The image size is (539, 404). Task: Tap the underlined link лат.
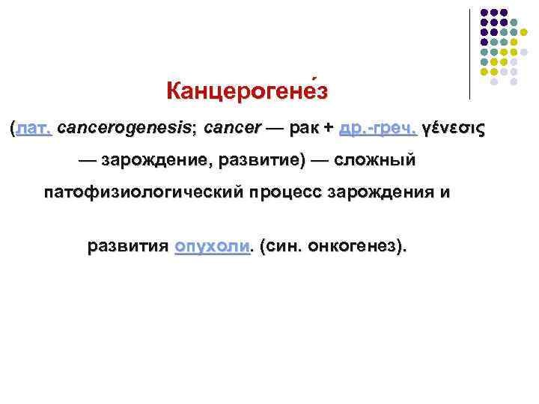pyautogui.click(x=33, y=128)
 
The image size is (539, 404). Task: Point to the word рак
pyautogui.click(x=305, y=128)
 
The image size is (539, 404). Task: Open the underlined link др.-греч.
pyautogui.click(x=377, y=128)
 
